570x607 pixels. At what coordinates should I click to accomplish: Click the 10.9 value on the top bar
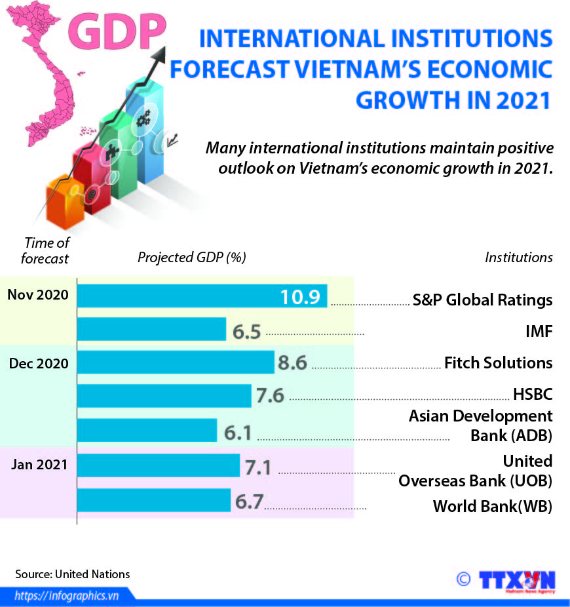(300, 298)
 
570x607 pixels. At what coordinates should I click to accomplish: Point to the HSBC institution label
(533, 394)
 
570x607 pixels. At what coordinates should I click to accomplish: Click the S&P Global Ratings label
(482, 300)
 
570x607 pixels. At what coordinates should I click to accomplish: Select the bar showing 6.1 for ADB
(147, 431)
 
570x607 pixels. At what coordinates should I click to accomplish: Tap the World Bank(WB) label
(493, 506)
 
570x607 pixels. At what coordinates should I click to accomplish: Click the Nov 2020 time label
(38, 295)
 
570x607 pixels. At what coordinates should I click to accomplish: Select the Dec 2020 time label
(39, 363)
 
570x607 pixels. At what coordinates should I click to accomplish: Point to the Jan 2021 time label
(39, 465)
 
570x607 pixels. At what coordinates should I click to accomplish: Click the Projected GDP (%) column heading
(191, 258)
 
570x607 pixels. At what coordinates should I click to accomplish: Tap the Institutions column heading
(518, 258)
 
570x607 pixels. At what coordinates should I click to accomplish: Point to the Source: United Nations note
(73, 574)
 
